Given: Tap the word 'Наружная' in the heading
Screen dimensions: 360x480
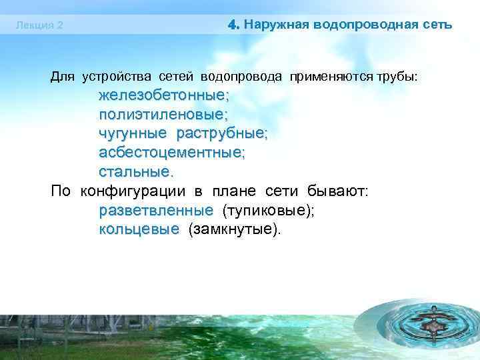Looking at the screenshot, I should coord(273,25).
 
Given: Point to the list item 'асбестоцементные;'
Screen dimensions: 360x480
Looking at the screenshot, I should coord(172,153).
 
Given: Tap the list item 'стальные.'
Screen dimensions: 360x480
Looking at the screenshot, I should coord(136,172).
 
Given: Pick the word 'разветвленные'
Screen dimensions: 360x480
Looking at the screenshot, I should coord(156,211).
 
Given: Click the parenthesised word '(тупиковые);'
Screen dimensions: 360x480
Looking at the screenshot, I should coord(268,211).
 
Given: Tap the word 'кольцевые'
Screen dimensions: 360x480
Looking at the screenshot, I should coord(139,230).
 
